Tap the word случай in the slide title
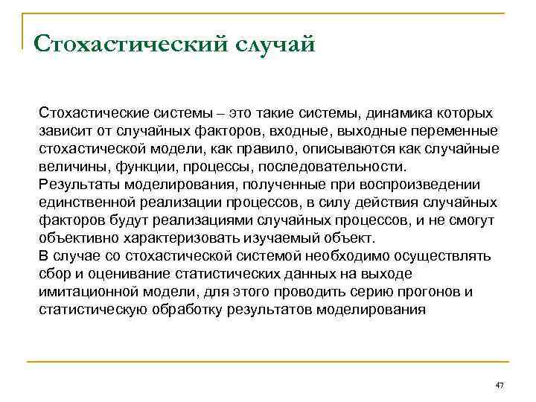275,42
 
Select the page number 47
500,385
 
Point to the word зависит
66,131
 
